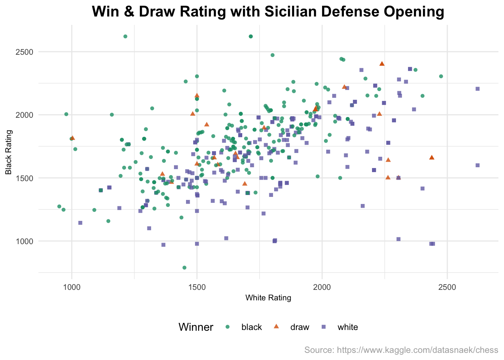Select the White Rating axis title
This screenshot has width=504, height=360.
point(268,298)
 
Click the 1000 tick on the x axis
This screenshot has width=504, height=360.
point(71,288)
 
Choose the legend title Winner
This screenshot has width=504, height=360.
point(196,327)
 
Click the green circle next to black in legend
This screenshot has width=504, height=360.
point(227,327)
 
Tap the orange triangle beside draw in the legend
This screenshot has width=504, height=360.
point(276,327)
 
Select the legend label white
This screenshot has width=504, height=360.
point(348,327)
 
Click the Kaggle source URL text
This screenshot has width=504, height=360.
point(401,350)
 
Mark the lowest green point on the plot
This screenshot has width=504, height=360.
point(184,268)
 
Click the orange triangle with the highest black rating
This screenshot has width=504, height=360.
point(382,64)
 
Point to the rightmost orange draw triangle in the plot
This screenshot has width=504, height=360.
point(432,157)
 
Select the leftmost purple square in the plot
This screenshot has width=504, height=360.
point(80,223)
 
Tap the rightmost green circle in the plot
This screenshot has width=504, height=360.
point(441,76)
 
